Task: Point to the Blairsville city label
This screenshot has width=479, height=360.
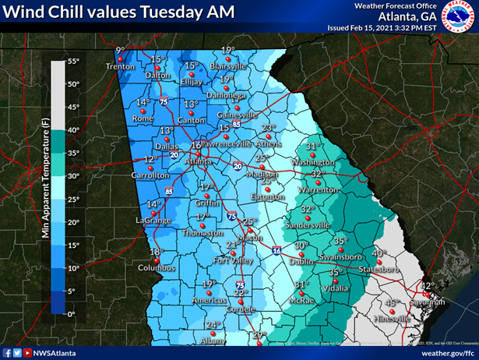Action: click(228, 67)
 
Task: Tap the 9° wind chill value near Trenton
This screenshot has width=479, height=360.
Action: click(120, 51)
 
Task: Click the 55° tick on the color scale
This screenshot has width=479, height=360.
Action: click(72, 61)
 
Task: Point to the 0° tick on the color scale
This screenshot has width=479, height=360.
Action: click(71, 313)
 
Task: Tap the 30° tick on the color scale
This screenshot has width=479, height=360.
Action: click(72, 176)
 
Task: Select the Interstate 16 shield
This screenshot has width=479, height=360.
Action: click(277, 252)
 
